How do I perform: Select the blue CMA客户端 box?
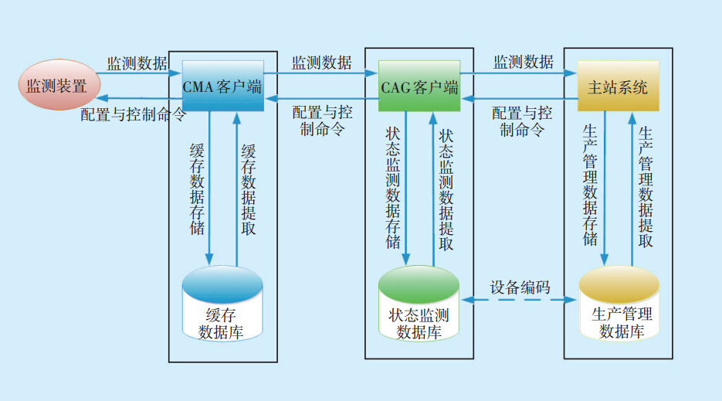(x=222, y=87)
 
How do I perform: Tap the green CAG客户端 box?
(x=419, y=87)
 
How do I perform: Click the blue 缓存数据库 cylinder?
(x=222, y=305)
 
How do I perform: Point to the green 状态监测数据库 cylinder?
(x=419, y=305)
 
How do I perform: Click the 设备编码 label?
(x=520, y=287)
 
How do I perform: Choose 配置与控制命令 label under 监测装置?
(x=133, y=114)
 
